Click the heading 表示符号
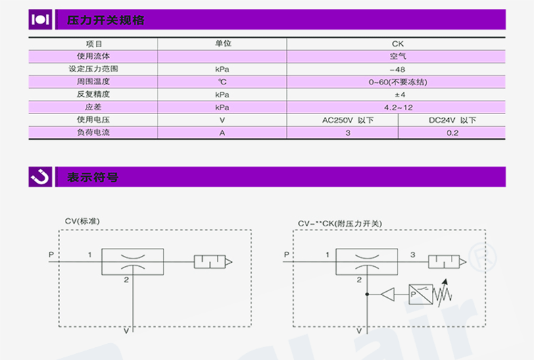click(93, 178)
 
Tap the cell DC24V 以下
click(452, 120)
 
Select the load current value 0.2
click(452, 133)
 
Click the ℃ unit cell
click(222, 82)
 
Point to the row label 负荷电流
click(93, 133)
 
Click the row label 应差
click(93, 107)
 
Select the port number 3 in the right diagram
click(413, 255)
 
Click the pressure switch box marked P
click(420, 294)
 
